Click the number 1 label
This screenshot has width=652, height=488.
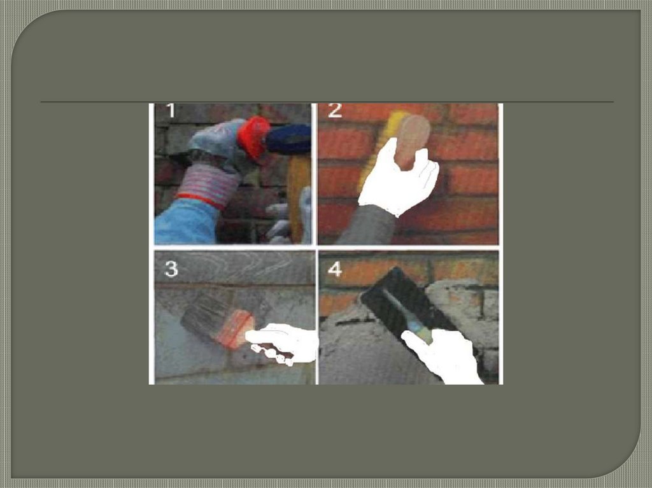click(171, 111)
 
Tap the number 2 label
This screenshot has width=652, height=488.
click(335, 110)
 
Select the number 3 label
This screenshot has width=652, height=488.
click(171, 269)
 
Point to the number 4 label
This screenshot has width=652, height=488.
click(335, 269)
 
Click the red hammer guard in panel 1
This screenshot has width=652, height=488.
click(253, 137)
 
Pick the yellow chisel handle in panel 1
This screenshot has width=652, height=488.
click(298, 195)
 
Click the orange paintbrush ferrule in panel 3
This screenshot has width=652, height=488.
click(234, 329)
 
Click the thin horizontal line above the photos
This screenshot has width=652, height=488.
click(327, 101)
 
